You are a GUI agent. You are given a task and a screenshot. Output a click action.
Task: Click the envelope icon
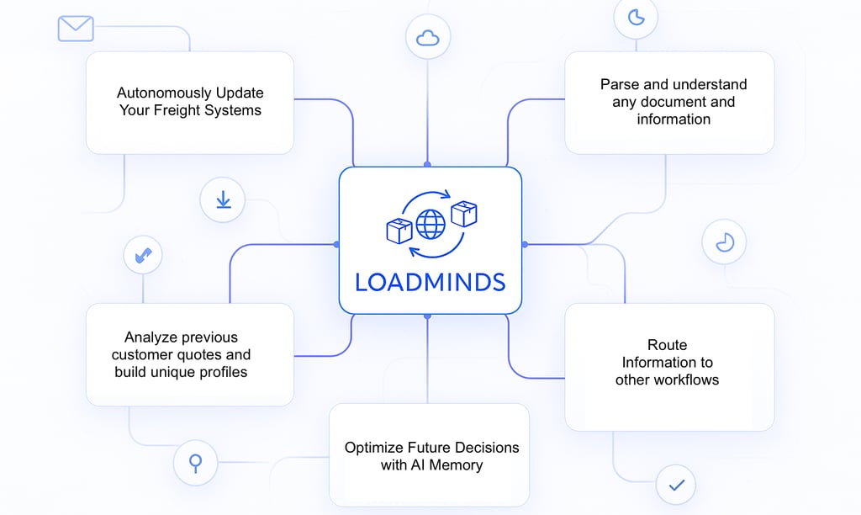[x=76, y=29]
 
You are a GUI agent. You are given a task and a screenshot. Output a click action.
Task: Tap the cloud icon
[x=428, y=37]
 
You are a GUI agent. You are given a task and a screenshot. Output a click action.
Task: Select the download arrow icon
[x=223, y=200]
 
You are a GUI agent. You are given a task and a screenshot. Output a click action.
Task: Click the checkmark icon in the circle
[x=677, y=485]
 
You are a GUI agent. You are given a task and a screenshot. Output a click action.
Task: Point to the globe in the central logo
[x=430, y=224]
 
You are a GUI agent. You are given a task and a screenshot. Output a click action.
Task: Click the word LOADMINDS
[x=430, y=282]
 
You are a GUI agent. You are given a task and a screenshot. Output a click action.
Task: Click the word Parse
[x=618, y=84]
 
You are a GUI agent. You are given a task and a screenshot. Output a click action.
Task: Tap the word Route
[x=667, y=345]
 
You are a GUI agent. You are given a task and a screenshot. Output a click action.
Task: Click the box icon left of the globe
[x=399, y=231]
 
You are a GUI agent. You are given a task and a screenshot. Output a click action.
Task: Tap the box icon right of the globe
[x=463, y=213]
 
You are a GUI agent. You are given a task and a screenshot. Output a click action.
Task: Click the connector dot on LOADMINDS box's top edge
[x=427, y=164]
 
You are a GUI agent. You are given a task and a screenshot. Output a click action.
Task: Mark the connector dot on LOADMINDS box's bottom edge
[x=427, y=316]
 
